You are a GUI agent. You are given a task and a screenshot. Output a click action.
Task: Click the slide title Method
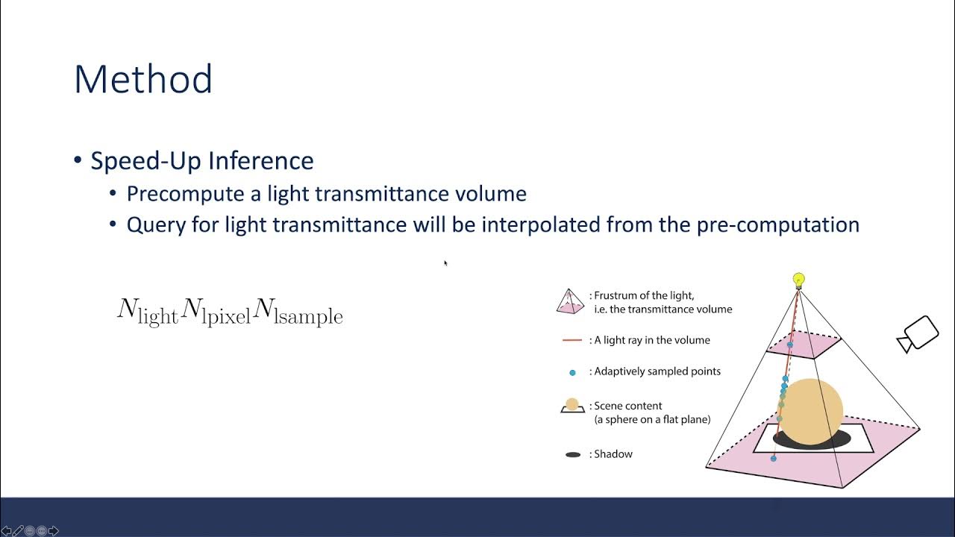(x=143, y=79)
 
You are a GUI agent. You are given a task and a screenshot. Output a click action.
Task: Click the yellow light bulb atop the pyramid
(x=799, y=280)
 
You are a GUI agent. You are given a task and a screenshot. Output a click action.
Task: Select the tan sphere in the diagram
(x=812, y=410)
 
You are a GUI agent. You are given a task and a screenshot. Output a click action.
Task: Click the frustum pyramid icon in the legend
(x=571, y=301)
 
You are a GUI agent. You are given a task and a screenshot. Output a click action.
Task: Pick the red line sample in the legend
(x=572, y=340)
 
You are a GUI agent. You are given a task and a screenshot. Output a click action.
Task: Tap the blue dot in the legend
(x=572, y=372)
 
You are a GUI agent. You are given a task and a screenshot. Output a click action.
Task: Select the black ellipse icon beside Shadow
(x=572, y=454)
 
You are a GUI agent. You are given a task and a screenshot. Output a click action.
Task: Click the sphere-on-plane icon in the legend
(x=572, y=406)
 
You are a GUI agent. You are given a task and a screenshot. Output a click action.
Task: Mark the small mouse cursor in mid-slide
(x=445, y=263)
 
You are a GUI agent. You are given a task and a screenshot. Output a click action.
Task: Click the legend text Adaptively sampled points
(x=657, y=371)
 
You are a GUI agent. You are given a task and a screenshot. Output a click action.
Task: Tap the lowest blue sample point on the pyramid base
(x=773, y=458)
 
